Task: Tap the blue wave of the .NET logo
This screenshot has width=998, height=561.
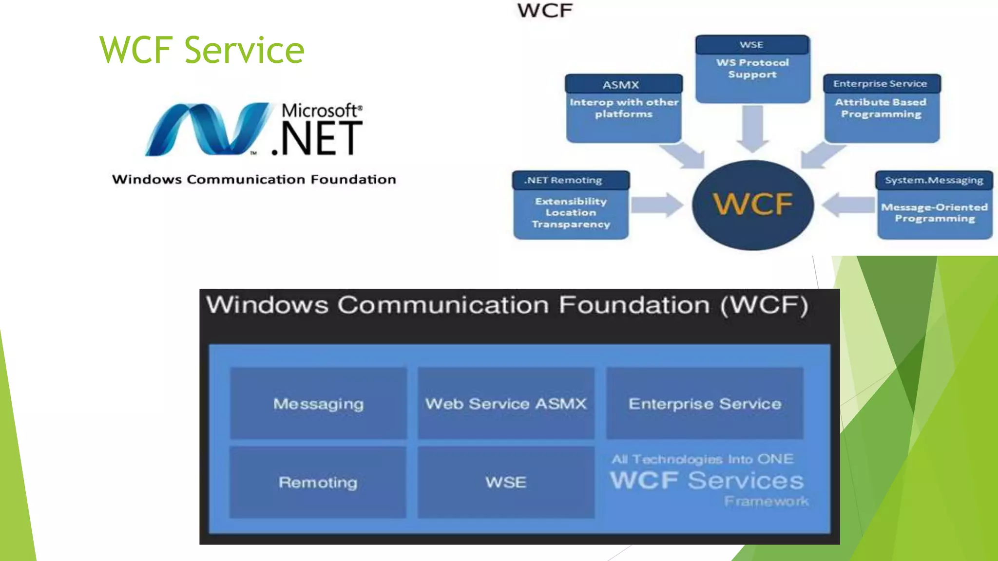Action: coord(207,129)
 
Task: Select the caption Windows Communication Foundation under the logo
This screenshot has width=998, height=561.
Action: coord(254,180)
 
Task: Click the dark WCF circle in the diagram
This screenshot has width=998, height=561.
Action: coord(752,205)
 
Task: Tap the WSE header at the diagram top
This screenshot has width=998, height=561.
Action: coord(751,45)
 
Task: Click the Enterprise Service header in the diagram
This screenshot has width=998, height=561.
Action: coord(880,84)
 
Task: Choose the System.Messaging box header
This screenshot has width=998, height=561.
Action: coord(934,180)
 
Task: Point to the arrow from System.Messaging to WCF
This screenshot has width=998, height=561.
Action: coord(848,205)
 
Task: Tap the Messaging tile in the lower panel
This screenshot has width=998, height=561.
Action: coord(318,404)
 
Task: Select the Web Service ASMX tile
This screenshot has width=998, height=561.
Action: coord(506,404)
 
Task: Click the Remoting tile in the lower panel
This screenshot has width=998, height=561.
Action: coord(318,482)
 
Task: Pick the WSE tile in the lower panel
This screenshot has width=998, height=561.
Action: coord(506,482)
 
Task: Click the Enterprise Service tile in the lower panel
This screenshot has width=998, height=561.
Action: coord(705,404)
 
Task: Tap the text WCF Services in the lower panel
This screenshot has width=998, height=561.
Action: coord(707,481)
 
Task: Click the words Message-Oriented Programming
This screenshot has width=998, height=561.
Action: coord(935,213)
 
